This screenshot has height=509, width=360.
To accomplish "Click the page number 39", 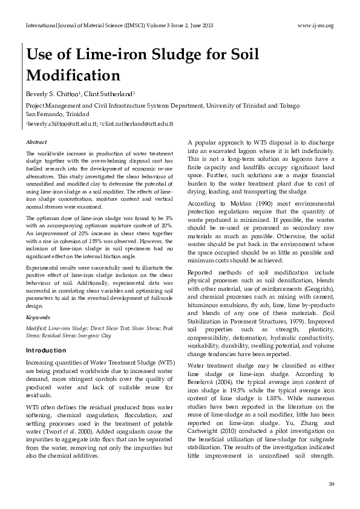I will (330, 484).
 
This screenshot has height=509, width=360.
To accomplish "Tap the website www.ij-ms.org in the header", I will (316, 25).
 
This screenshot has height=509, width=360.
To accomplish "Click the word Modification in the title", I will (73, 76).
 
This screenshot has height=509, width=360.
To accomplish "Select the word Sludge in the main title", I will (154, 54).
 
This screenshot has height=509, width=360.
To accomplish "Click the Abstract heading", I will (36, 142).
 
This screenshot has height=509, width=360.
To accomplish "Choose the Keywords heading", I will (38, 317).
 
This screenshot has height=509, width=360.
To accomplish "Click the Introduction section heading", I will (46, 351).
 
